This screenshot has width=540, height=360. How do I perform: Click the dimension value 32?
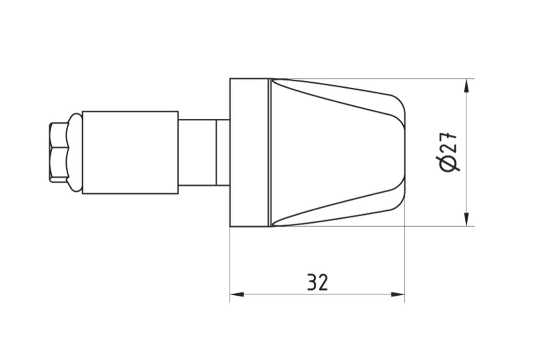click(x=318, y=283)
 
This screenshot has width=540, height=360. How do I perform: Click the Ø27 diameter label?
click(x=449, y=152)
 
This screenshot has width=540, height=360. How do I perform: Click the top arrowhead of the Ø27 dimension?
click(x=468, y=86)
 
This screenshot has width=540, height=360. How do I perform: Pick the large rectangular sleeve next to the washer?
click(x=130, y=153)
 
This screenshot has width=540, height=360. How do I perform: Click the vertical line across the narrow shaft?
click(x=216, y=153)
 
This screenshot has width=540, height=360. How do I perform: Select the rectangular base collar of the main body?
click(x=249, y=153)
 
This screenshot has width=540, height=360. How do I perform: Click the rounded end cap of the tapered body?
click(x=399, y=153)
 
